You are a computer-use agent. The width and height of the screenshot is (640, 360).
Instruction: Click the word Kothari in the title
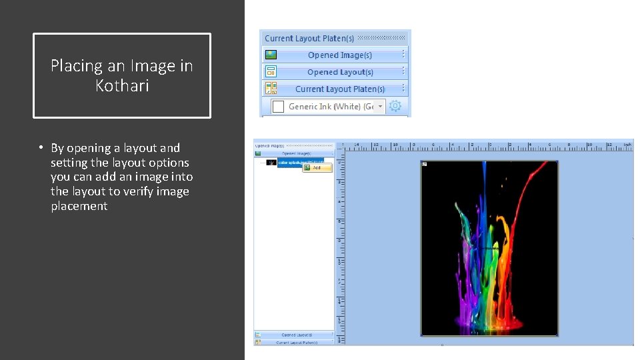(122, 86)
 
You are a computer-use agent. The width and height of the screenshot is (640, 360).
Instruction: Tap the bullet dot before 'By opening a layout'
(41, 148)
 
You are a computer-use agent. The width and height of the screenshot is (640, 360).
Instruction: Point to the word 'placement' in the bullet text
(79, 206)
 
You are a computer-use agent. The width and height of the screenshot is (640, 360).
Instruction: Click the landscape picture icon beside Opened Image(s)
(271, 55)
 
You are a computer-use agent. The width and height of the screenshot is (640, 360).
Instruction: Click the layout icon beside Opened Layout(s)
(271, 72)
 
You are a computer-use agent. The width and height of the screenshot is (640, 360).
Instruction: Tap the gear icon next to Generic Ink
(395, 106)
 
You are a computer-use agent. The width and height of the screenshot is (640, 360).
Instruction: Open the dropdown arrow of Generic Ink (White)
(380, 106)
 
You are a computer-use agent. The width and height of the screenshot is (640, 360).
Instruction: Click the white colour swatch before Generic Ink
(279, 106)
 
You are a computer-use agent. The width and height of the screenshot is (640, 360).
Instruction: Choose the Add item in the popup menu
(317, 168)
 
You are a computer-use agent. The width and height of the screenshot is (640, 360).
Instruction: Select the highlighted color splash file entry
(300, 162)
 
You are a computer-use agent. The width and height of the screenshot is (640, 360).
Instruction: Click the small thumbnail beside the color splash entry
(271, 162)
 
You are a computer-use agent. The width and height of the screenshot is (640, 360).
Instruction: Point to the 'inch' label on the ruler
(627, 144)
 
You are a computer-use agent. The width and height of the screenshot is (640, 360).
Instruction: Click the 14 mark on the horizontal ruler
(357, 144)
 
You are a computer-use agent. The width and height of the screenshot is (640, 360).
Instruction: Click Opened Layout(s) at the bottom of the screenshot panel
(297, 335)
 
